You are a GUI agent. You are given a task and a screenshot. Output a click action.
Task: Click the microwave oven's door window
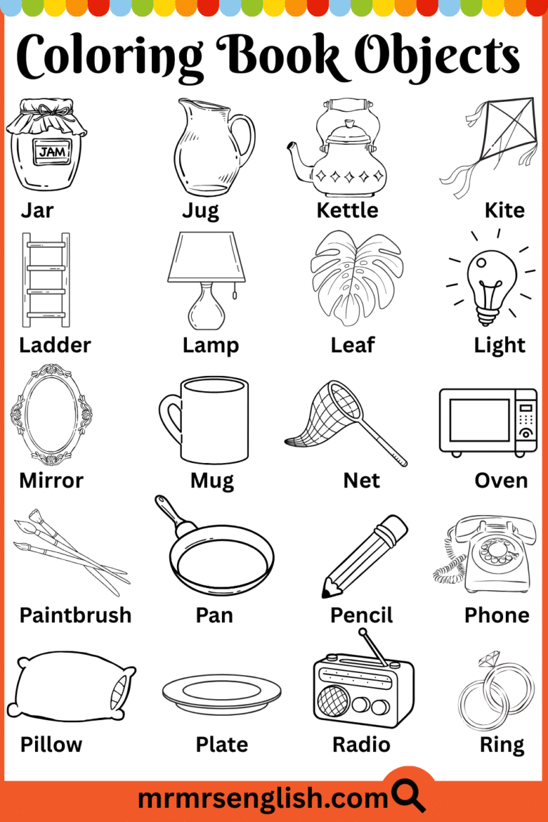[479, 422]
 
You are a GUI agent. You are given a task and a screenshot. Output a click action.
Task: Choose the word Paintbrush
[75, 615]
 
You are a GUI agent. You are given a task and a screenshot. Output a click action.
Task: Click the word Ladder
[55, 345]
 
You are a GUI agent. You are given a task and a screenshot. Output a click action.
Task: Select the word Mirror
[51, 480]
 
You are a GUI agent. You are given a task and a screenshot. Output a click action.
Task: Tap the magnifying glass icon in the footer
[409, 793]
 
